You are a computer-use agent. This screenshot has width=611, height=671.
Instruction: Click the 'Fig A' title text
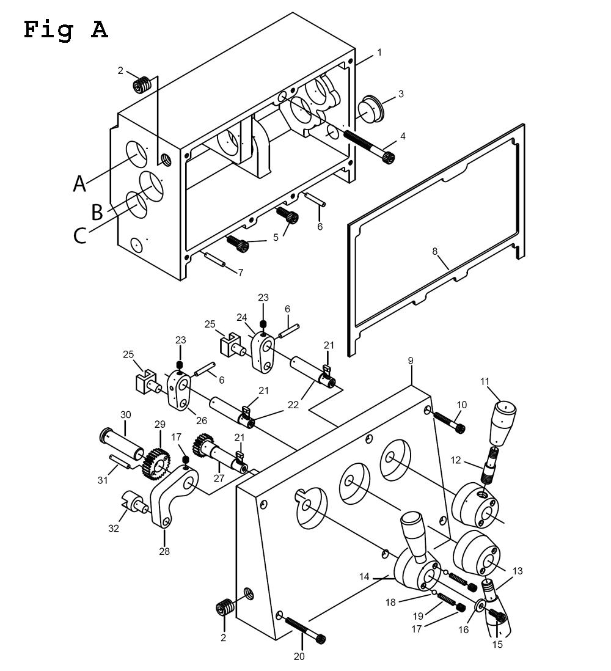tap(66, 29)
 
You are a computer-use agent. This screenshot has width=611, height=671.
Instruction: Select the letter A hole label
tap(79, 183)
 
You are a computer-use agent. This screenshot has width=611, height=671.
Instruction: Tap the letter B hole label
tap(97, 211)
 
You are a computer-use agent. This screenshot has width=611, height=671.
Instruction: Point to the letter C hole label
tap(80, 235)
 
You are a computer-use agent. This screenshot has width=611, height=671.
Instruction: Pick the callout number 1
tap(379, 53)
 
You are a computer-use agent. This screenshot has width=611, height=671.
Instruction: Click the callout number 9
tap(411, 361)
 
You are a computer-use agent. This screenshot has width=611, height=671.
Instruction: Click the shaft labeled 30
tap(115, 439)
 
